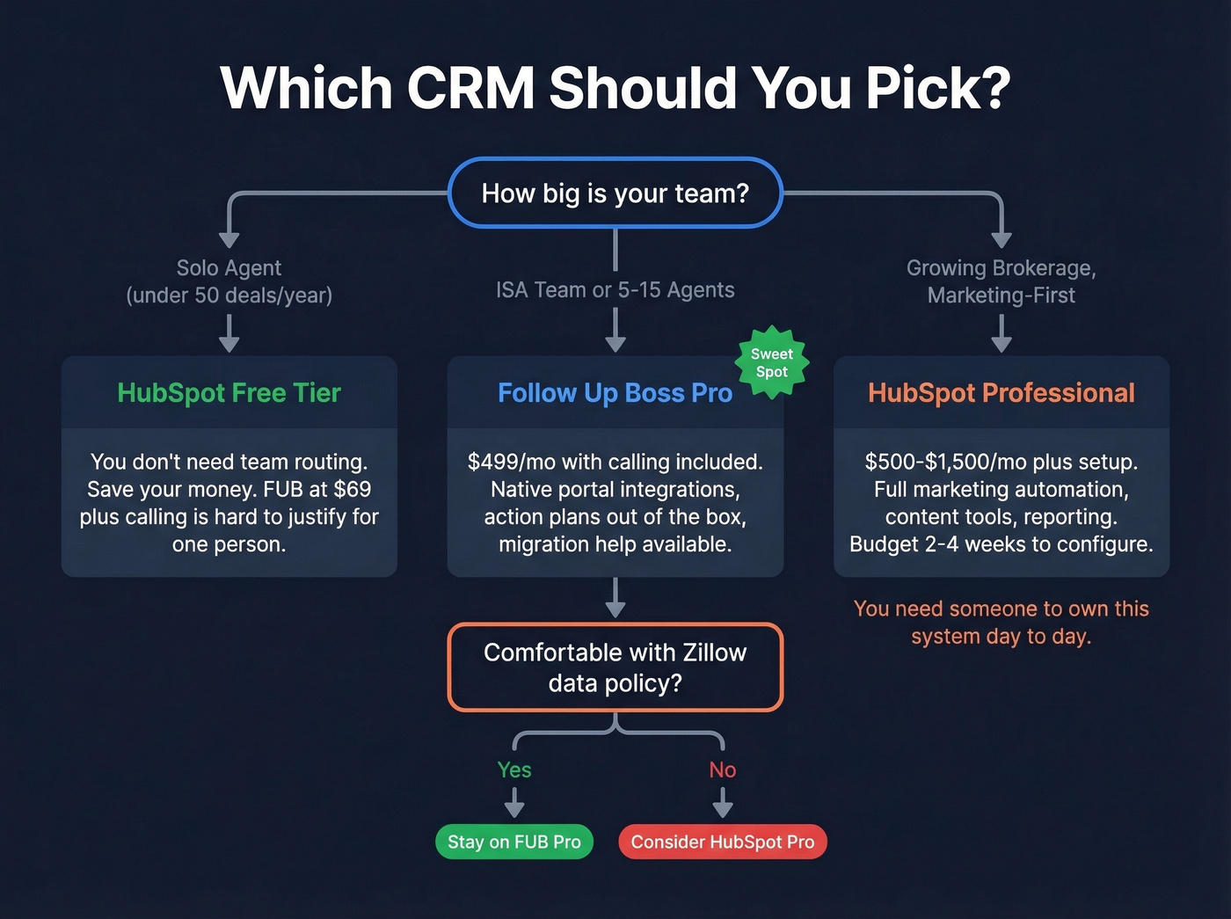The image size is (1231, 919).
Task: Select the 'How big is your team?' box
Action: [x=615, y=193]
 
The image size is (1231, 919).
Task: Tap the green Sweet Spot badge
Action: [x=771, y=362]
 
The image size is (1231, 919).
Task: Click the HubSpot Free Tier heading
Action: [x=229, y=392]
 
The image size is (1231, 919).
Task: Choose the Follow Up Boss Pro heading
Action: [x=615, y=392]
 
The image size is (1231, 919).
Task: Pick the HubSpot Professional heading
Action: [x=1001, y=392]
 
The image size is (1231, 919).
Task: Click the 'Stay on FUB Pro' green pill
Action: [x=514, y=842]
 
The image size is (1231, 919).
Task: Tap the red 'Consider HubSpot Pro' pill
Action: [x=722, y=842]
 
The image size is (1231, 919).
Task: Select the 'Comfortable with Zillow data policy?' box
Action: [x=615, y=667]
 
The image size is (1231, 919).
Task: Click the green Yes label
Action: [x=514, y=769]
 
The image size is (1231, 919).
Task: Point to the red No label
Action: [x=722, y=769]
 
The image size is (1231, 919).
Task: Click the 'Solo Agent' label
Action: [x=229, y=267]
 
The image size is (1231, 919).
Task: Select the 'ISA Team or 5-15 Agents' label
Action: [x=615, y=289]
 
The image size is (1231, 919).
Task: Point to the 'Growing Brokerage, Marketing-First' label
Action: [x=1001, y=281]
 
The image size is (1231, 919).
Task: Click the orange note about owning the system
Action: [x=1001, y=622]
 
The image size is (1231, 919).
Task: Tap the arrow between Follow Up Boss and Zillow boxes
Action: [x=615, y=598]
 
